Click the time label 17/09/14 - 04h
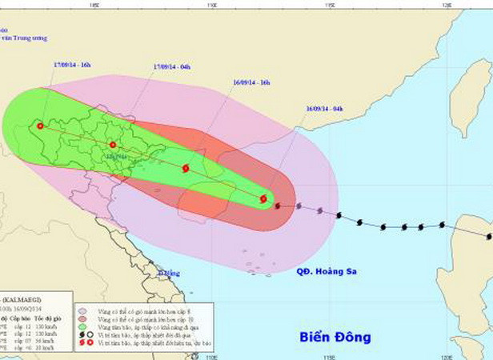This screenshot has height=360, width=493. [x=171, y=66]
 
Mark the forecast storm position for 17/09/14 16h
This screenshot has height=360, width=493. [x=39, y=126]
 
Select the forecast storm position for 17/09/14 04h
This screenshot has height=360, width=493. [x=112, y=145]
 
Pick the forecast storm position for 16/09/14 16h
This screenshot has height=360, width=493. [x=186, y=169]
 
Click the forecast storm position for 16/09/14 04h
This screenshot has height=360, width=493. [x=263, y=198]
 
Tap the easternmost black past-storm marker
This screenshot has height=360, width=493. [x=489, y=236]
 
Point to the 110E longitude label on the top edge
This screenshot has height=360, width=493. [x=212, y=4]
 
